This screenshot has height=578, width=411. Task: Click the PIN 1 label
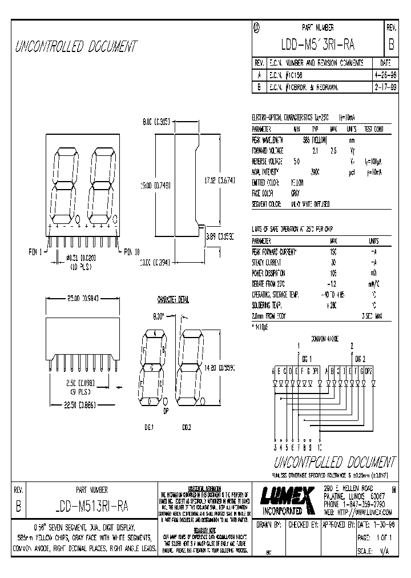[x=36, y=251]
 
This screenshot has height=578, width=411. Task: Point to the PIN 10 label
[x=132, y=251]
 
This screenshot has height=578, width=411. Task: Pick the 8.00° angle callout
[x=159, y=315]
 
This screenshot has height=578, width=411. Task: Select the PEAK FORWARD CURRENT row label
[x=275, y=251]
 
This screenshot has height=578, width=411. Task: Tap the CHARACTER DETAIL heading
[x=172, y=299]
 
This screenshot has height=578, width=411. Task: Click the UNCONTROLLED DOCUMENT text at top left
[x=76, y=46]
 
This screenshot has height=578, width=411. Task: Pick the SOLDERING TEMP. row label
[x=268, y=305]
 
